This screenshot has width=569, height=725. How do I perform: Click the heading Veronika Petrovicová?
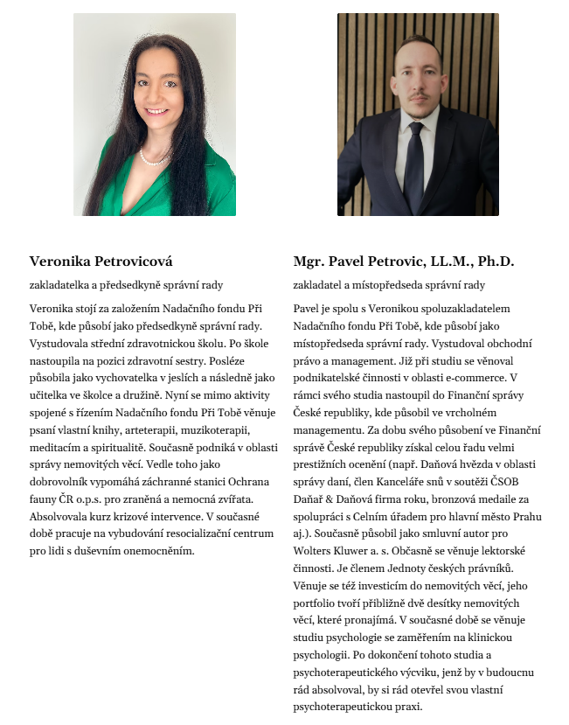tap(101, 261)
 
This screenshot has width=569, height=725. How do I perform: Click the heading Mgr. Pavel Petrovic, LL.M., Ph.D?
tap(405, 261)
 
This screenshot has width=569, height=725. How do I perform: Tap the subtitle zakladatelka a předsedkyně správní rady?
tap(126, 285)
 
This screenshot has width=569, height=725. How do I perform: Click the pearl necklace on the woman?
tap(153, 159)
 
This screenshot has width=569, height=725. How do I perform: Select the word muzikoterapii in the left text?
tap(213, 429)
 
